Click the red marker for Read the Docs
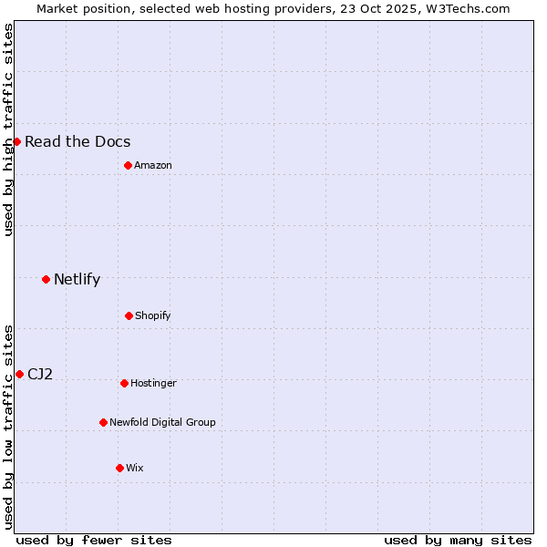point(16,141)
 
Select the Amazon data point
point(128,165)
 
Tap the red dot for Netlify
point(46,279)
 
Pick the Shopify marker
point(129,315)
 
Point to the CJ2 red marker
point(19,374)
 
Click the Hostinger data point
point(124,383)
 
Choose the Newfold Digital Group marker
point(103,422)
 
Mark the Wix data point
point(119,468)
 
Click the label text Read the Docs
point(77,141)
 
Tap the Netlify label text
point(77,279)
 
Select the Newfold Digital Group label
point(162,422)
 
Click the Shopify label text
point(152,315)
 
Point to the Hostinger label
point(153,383)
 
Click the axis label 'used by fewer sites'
point(94,540)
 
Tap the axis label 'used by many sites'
point(458,540)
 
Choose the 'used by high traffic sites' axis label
point(8,129)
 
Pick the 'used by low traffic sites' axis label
point(8,427)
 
